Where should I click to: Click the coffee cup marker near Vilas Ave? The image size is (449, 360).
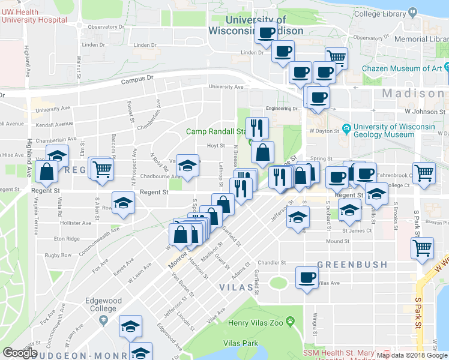tap(307, 277)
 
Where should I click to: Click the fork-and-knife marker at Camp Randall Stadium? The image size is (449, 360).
tap(257, 127)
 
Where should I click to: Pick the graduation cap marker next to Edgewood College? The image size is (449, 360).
tap(130, 326)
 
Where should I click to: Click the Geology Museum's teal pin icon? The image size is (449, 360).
tap(346, 128)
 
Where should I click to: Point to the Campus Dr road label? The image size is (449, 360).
tap(137, 80)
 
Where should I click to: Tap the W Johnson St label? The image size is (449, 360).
tap(425, 111)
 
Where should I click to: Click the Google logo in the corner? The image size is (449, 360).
tap(20, 353)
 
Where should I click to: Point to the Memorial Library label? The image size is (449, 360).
tap(422, 39)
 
